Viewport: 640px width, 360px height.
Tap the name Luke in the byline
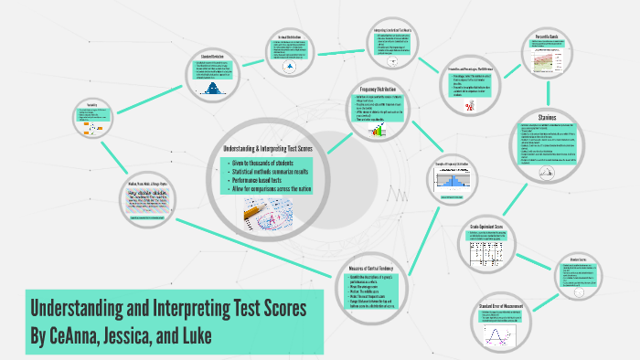click(x=194, y=336)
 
